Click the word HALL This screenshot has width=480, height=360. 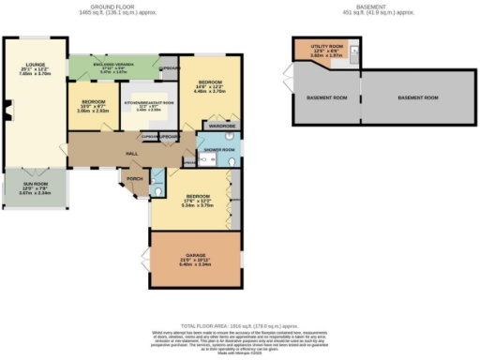click(120, 154)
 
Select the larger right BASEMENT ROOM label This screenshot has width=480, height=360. click(418, 97)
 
